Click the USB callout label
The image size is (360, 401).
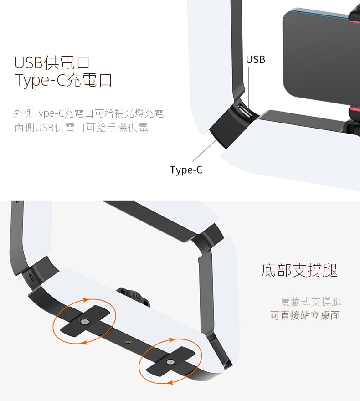[256, 59]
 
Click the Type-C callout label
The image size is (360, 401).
[186, 170]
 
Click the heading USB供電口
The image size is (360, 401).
[52, 63]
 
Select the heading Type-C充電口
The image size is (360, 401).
[63, 80]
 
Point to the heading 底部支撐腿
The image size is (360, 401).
[299, 270]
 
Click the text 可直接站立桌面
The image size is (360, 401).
[305, 315]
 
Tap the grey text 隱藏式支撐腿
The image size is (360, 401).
[311, 302]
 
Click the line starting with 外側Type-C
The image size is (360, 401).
[89, 113]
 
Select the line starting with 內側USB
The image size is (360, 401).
[81, 128]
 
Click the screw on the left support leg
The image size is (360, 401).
[84, 321]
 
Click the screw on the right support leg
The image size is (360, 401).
[170, 362]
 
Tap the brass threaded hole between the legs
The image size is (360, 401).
[128, 341]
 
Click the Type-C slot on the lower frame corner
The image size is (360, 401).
[31, 277]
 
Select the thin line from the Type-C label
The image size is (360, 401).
[205, 151]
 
